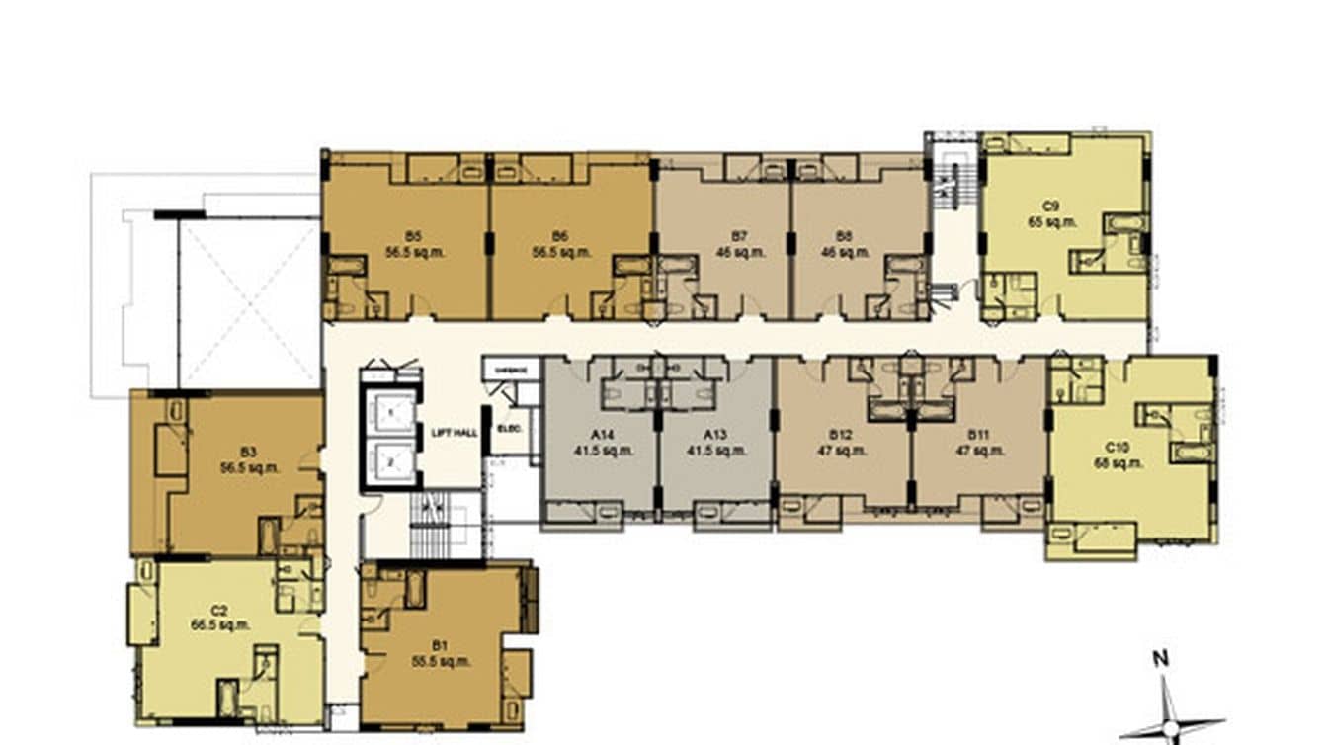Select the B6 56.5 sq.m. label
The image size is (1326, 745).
point(560,244)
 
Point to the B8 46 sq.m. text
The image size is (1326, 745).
point(843,244)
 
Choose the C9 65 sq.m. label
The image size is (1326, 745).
point(1050,214)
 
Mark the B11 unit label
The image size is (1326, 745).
point(978,442)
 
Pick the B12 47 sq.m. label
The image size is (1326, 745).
point(841,442)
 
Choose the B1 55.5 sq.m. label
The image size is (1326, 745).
point(441,653)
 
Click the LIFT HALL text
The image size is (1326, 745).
point(455,433)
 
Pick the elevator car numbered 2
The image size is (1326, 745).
point(389,460)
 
